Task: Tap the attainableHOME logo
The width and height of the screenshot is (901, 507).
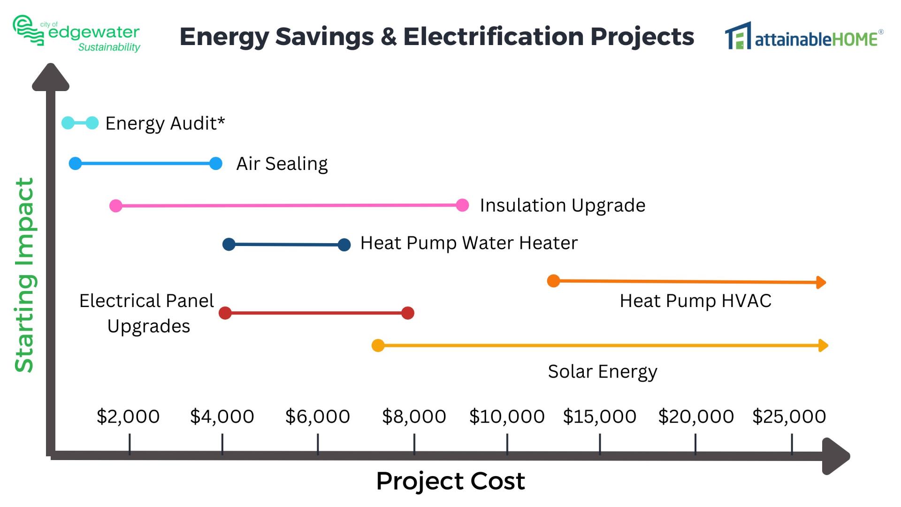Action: [x=803, y=36]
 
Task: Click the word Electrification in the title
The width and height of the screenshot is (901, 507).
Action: [x=493, y=37]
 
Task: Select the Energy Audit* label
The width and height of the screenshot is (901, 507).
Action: [x=165, y=123]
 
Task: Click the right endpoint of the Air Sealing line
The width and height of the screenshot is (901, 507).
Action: [x=215, y=163]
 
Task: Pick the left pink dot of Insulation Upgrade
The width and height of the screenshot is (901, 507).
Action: [x=116, y=206]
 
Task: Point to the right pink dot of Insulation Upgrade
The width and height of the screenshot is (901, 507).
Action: [x=462, y=205]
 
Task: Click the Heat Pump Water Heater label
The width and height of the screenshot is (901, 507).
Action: [x=468, y=243]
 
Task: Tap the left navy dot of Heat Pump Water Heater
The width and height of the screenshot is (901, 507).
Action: [x=229, y=244]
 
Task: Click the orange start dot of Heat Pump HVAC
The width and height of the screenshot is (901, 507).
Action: [x=554, y=281]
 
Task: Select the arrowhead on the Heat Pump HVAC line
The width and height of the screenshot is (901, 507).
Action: [x=821, y=283]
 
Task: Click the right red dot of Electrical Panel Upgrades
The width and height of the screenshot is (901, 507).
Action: [x=408, y=313]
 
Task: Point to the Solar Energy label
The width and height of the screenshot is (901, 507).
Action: [x=602, y=372]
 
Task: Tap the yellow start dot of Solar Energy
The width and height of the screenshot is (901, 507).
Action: [x=378, y=346]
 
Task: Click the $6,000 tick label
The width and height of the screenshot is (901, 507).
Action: [x=318, y=416]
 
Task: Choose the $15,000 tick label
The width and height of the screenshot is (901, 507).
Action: [x=599, y=416]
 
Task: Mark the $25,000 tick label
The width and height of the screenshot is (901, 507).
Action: [x=789, y=416]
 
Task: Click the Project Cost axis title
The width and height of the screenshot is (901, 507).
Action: [x=450, y=481]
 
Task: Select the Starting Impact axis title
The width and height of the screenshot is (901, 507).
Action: [x=24, y=275]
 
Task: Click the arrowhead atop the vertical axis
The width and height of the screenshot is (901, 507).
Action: [x=51, y=77]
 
